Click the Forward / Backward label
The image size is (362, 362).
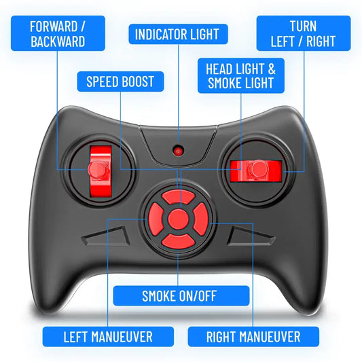(57, 33)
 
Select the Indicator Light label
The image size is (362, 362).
(178, 34)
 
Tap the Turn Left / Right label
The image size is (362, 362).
(303, 33)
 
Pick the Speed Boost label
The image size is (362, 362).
(120, 82)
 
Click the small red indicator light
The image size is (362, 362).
(178, 149)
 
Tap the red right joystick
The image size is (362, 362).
(255, 169)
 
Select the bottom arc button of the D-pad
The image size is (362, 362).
(177, 240)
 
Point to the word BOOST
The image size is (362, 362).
(138, 82)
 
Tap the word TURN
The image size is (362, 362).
(303, 26)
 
